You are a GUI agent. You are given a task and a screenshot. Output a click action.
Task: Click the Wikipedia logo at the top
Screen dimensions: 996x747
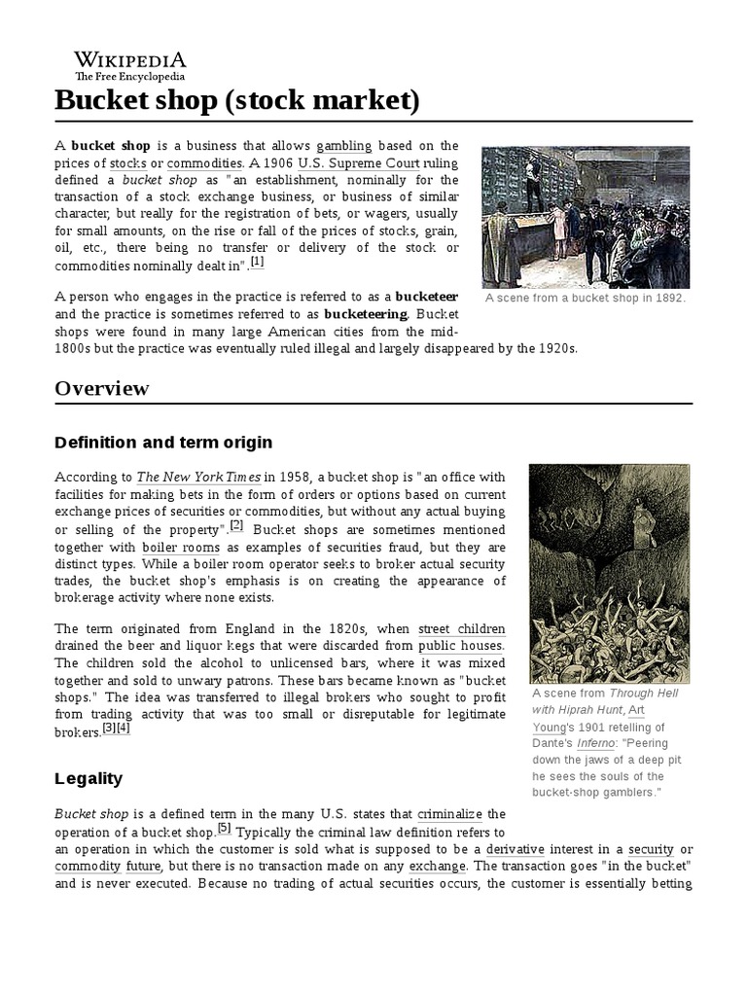click(130, 63)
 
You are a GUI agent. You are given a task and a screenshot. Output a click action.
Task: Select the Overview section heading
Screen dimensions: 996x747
click(102, 388)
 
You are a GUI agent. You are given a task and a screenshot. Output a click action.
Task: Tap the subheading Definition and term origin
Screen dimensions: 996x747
click(162, 444)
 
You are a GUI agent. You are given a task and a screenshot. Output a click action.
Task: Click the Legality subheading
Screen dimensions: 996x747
click(89, 778)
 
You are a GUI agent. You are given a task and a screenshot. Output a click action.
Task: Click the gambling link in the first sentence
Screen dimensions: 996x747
click(344, 145)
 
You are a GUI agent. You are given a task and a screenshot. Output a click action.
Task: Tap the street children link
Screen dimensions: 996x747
click(462, 628)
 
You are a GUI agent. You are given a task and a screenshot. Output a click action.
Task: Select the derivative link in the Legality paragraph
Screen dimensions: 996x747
click(515, 848)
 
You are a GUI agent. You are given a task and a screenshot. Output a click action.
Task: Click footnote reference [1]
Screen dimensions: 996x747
click(257, 262)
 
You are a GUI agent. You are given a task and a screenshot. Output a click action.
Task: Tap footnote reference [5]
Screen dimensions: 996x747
click(225, 828)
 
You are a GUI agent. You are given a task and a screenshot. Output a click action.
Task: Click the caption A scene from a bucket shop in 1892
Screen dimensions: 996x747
click(585, 298)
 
